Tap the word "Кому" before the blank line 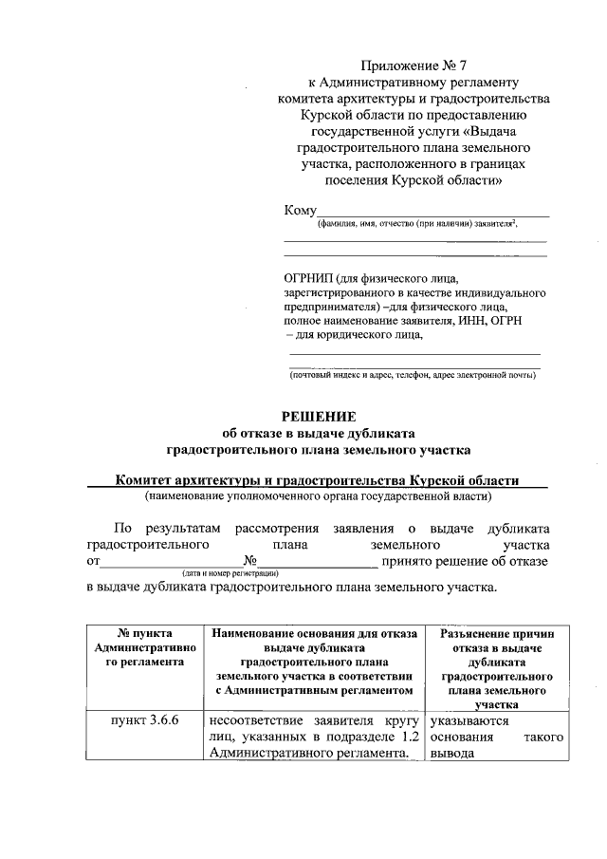click(x=300, y=210)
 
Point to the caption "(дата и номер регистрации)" click(x=230, y=574)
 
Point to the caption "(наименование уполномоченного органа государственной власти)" click(x=318, y=495)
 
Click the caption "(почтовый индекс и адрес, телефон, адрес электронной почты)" click(x=413, y=375)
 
